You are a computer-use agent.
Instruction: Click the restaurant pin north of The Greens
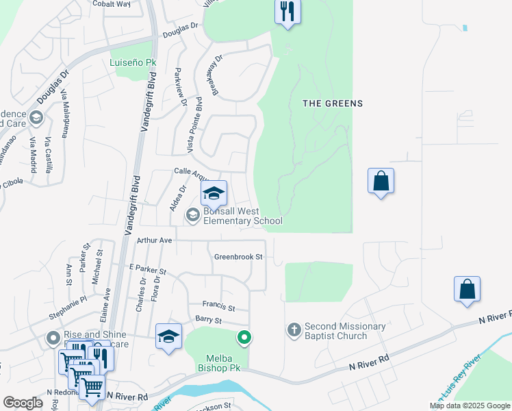(x=287, y=12)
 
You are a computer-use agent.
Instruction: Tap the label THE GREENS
(x=333, y=103)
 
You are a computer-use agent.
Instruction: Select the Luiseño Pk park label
(x=133, y=62)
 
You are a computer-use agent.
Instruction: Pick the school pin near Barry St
(x=168, y=336)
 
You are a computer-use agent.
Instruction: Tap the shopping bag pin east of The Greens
(x=381, y=182)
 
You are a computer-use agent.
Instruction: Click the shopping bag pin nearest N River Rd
(x=467, y=289)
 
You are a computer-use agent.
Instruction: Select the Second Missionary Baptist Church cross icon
(x=294, y=331)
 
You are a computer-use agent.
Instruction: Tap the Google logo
(x=23, y=403)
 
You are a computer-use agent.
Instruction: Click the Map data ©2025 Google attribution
(x=470, y=406)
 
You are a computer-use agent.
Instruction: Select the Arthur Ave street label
(x=154, y=240)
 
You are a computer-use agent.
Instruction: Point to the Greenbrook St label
(x=238, y=257)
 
